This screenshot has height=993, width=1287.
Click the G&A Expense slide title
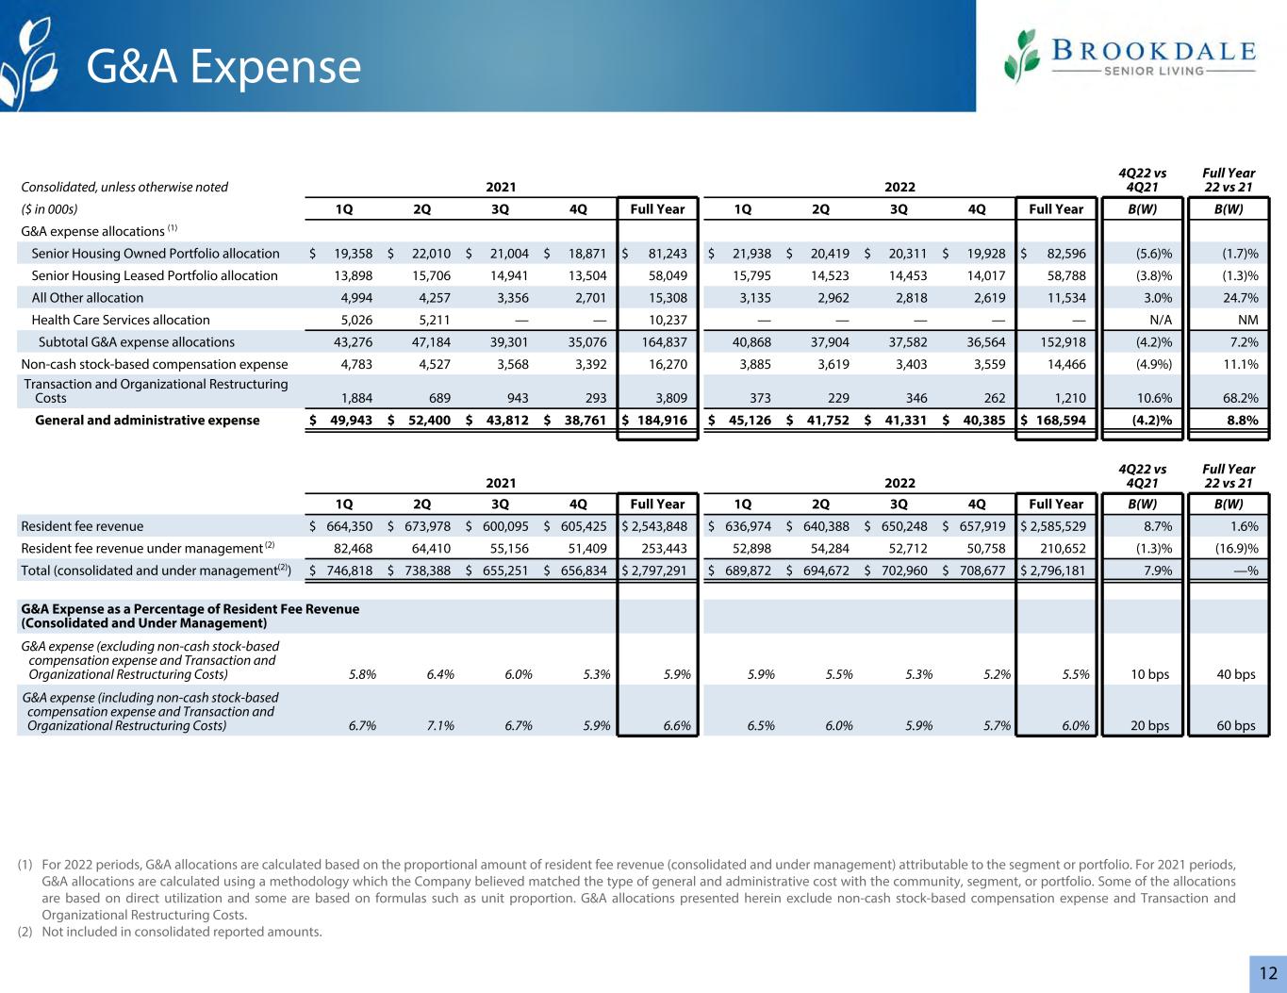click(x=223, y=67)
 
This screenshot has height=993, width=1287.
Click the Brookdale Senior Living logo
click(x=1130, y=56)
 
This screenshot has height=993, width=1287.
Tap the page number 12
click(x=1268, y=974)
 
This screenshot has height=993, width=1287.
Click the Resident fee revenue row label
click(x=82, y=526)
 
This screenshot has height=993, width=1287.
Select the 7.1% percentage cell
click(x=438, y=725)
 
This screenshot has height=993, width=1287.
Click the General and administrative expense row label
click(x=147, y=420)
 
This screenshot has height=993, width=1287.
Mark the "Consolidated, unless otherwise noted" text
click(x=124, y=187)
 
